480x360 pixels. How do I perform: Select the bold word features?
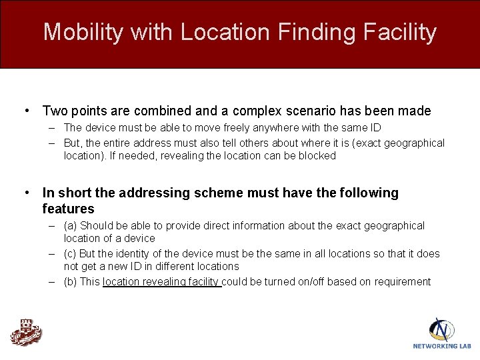click(x=68, y=209)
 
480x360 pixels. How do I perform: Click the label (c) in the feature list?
click(x=71, y=254)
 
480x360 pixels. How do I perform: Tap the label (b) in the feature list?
click(x=71, y=282)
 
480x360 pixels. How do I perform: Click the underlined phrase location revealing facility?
click(x=161, y=282)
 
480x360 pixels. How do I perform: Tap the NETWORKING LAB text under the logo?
click(x=441, y=346)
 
